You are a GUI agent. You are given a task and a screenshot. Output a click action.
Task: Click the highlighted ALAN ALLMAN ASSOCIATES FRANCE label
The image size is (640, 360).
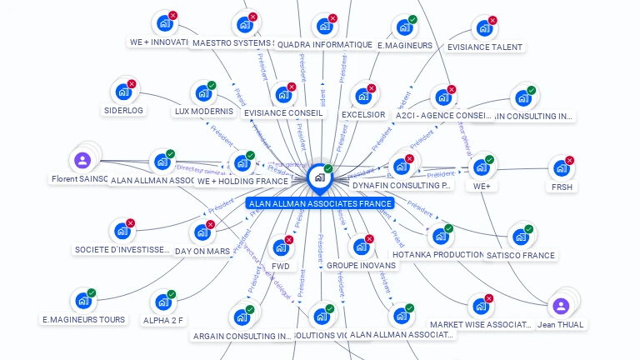[320, 203]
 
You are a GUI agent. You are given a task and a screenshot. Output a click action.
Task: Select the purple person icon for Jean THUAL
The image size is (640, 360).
[561, 306]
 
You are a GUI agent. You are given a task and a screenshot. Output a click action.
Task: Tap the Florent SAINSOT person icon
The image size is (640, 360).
[82, 160]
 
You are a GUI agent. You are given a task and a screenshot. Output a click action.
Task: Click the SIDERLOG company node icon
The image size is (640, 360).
[123, 91]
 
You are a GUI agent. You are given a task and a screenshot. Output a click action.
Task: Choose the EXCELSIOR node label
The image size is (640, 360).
[363, 114]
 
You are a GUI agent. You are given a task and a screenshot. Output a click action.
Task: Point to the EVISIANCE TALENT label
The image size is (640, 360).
[484, 47]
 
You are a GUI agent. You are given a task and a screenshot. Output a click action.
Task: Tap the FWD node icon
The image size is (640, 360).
[280, 248]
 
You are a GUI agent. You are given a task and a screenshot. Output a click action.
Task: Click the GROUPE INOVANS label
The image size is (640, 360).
[362, 265]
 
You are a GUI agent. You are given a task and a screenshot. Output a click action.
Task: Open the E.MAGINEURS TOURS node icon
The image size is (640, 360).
[83, 301]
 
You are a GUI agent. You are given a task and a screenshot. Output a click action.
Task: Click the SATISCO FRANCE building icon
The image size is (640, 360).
[521, 237]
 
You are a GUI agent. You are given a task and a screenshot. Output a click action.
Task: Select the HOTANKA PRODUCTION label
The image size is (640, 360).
[439, 254]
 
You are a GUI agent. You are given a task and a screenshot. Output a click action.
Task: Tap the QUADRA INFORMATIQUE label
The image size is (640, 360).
[324, 44]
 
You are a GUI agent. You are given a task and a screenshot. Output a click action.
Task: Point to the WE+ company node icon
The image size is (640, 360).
[482, 167]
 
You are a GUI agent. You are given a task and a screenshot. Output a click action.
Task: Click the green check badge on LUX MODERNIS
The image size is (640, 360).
[212, 85]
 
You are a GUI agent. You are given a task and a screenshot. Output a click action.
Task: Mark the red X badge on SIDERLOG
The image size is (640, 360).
[132, 84]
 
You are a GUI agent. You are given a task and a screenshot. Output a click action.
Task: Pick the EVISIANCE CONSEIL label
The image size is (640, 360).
[283, 113]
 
